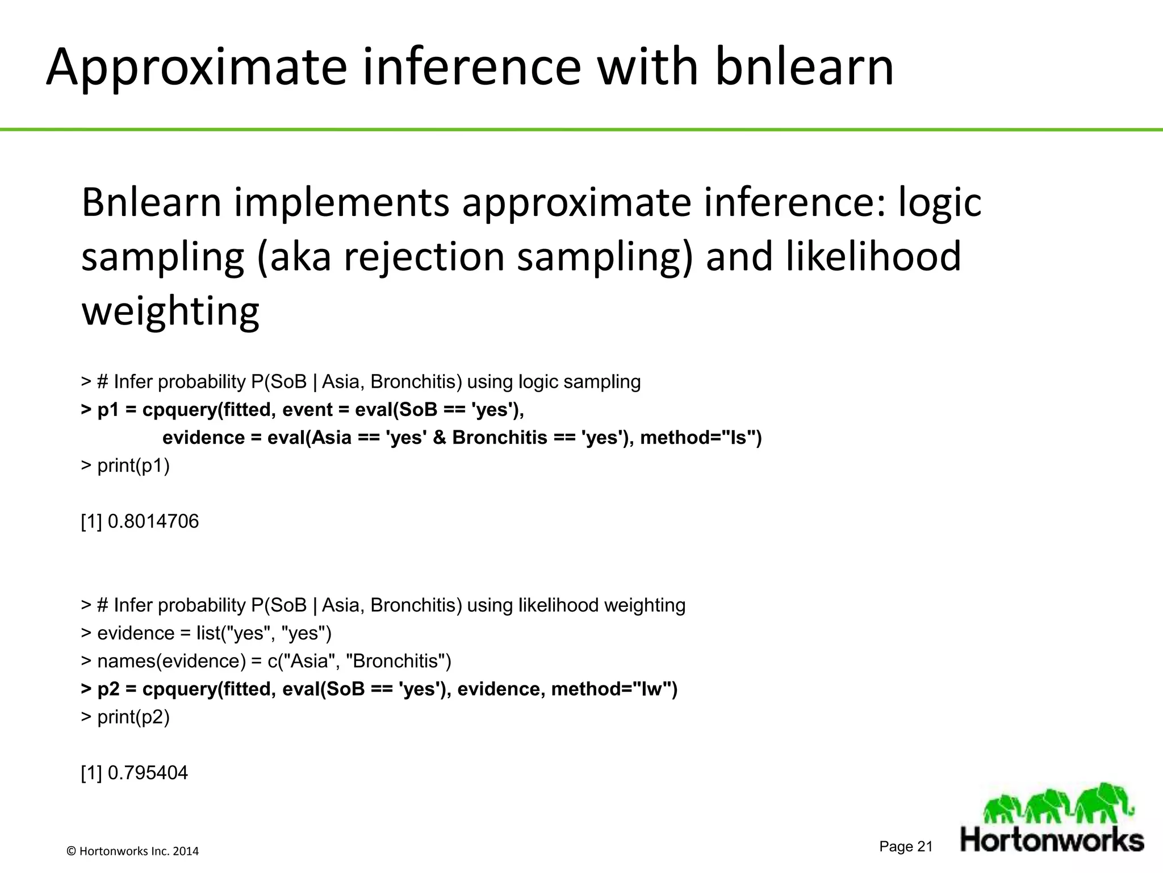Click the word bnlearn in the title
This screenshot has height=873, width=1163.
pos(804,66)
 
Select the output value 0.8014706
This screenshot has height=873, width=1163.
pos(153,521)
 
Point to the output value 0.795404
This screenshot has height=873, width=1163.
pos(147,773)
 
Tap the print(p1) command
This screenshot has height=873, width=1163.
pos(133,465)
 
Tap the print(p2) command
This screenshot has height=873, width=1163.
pos(133,717)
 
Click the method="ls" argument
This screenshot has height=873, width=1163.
pos(701,438)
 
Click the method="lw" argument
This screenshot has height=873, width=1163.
pos(614,689)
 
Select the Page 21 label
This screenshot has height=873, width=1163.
pos(906,846)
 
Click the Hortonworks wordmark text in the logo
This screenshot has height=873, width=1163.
pos(1052,839)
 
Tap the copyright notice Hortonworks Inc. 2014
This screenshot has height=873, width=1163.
pos(133,851)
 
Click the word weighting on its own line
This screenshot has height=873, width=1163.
pos(170,311)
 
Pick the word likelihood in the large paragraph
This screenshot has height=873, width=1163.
pos(873,256)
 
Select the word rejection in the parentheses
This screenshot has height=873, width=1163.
pos(424,256)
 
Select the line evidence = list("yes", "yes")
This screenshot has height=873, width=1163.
pos(214,633)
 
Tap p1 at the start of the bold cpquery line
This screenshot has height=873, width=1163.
pos(108,410)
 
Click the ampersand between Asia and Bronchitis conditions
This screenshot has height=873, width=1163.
pos(439,438)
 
